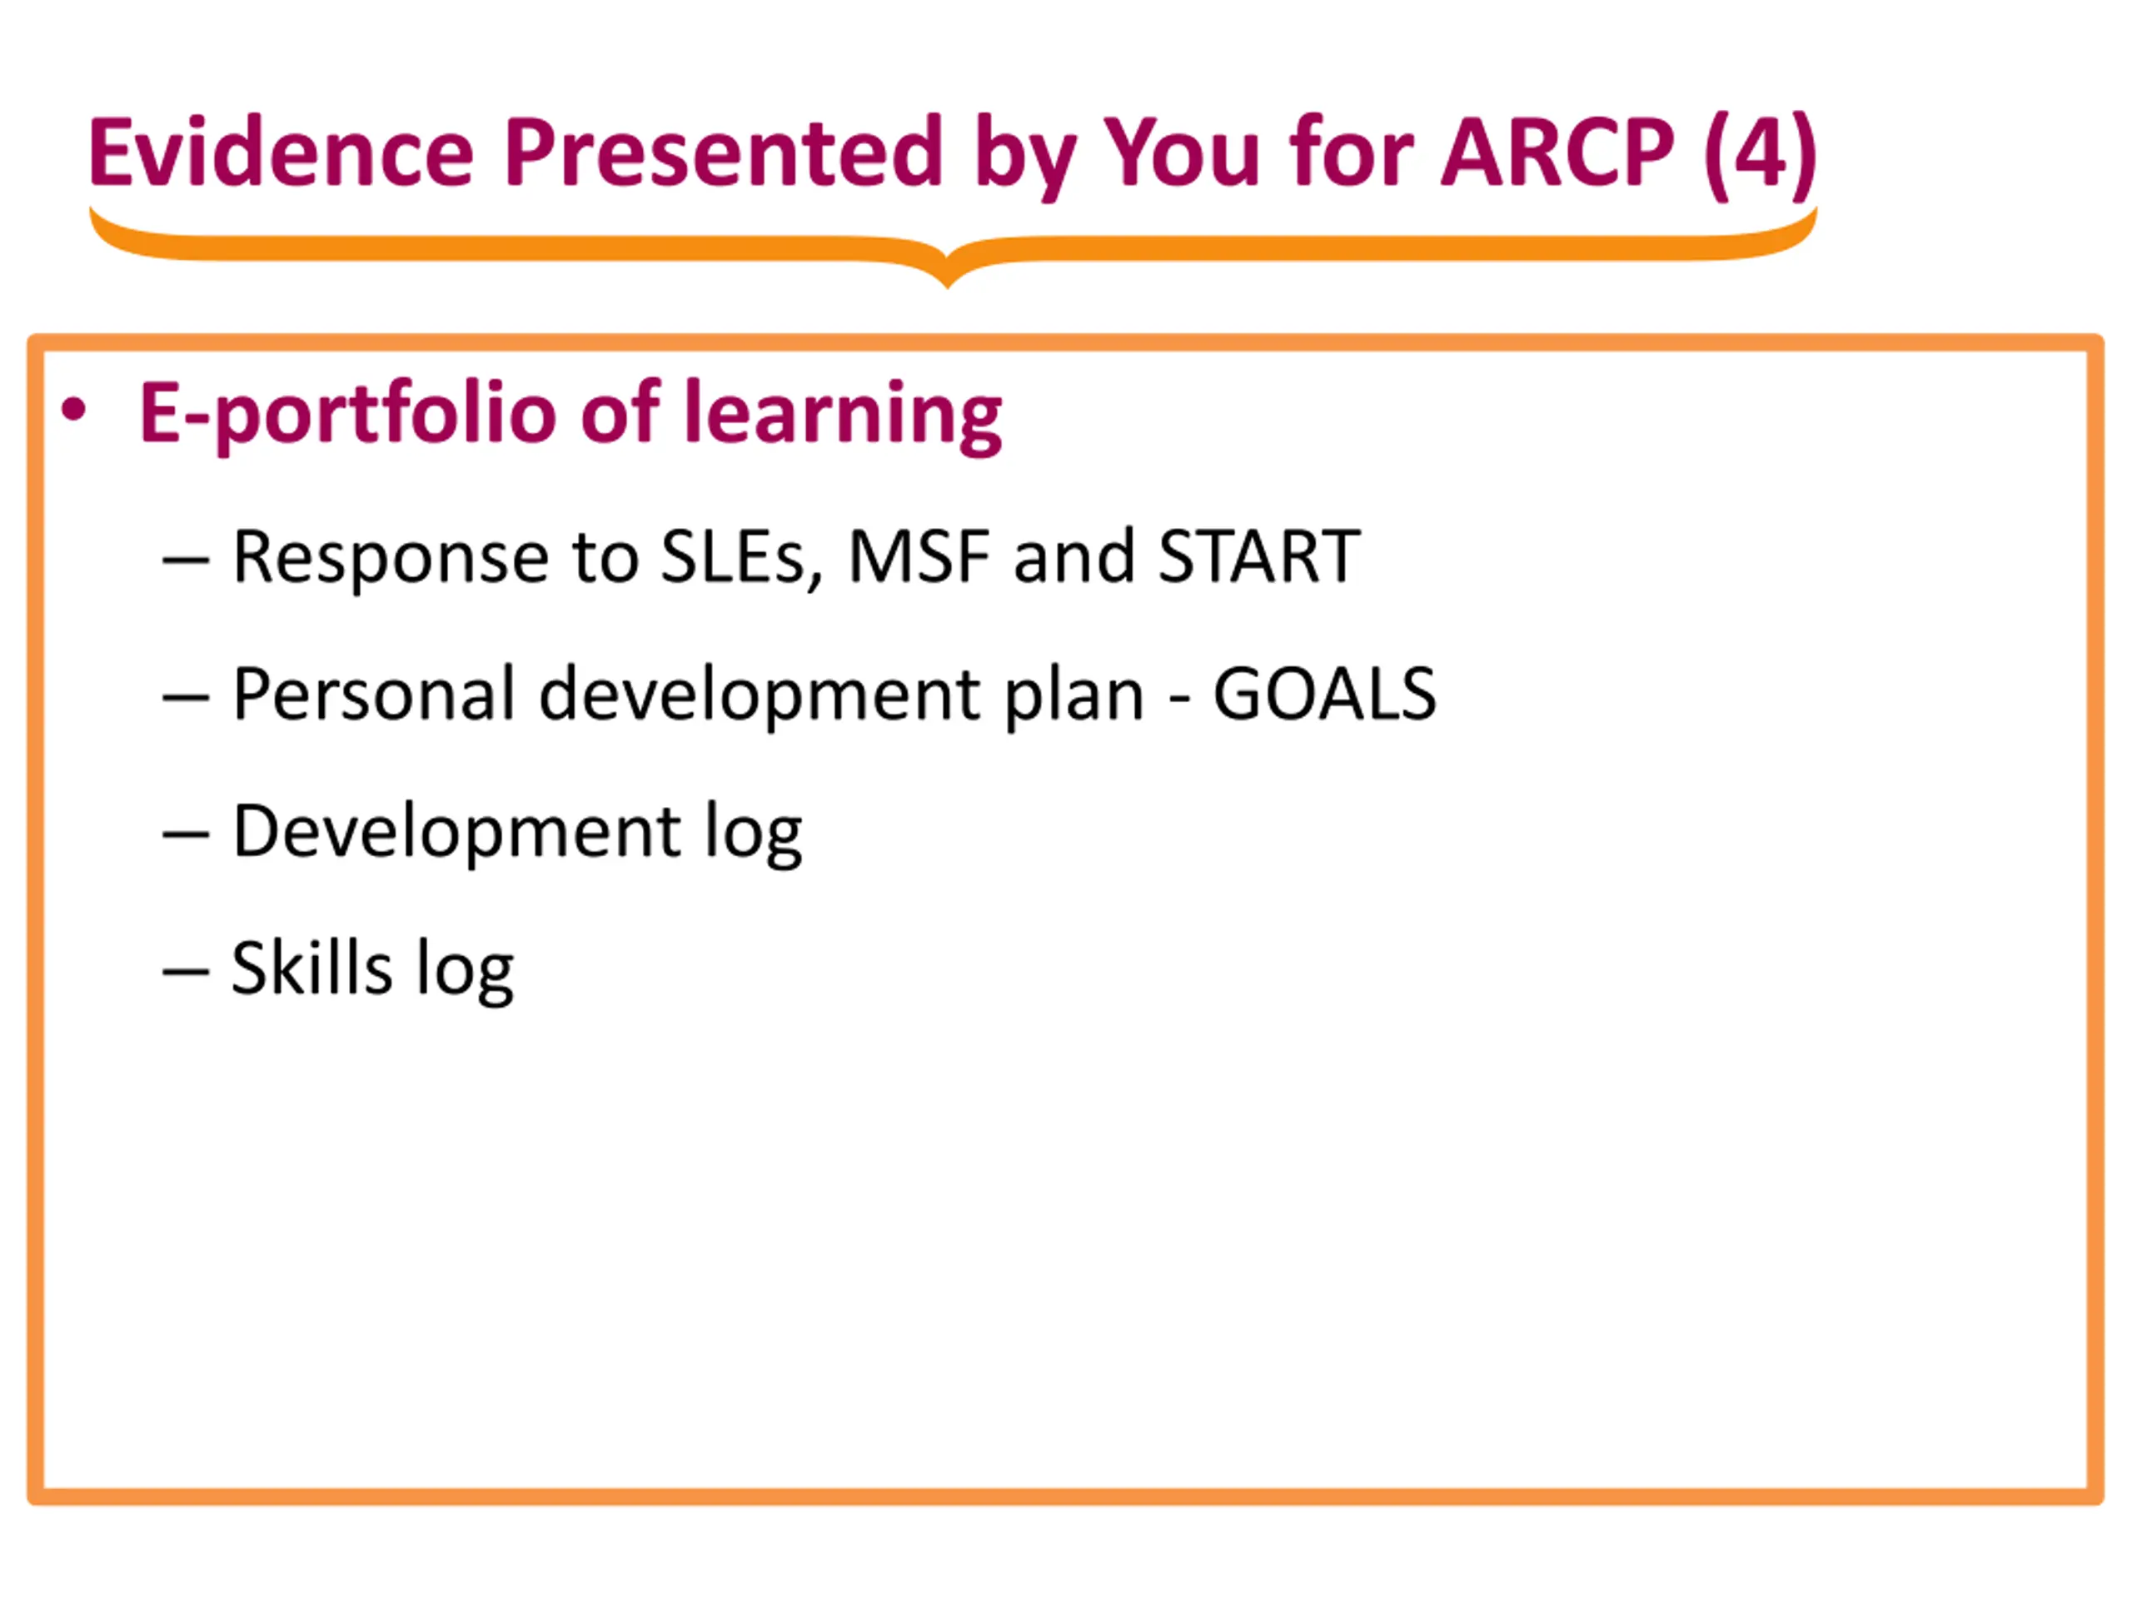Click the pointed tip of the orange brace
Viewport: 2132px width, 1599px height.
[x=948, y=283]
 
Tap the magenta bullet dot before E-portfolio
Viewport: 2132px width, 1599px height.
[x=74, y=411]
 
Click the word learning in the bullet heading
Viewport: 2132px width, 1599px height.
[x=843, y=416]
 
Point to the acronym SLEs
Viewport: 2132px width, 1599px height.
[x=741, y=558]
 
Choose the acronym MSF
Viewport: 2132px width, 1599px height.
[x=919, y=556]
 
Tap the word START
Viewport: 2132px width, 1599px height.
[x=1258, y=556]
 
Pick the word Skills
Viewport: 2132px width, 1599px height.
[x=311, y=968]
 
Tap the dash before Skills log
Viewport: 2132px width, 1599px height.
[x=186, y=973]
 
